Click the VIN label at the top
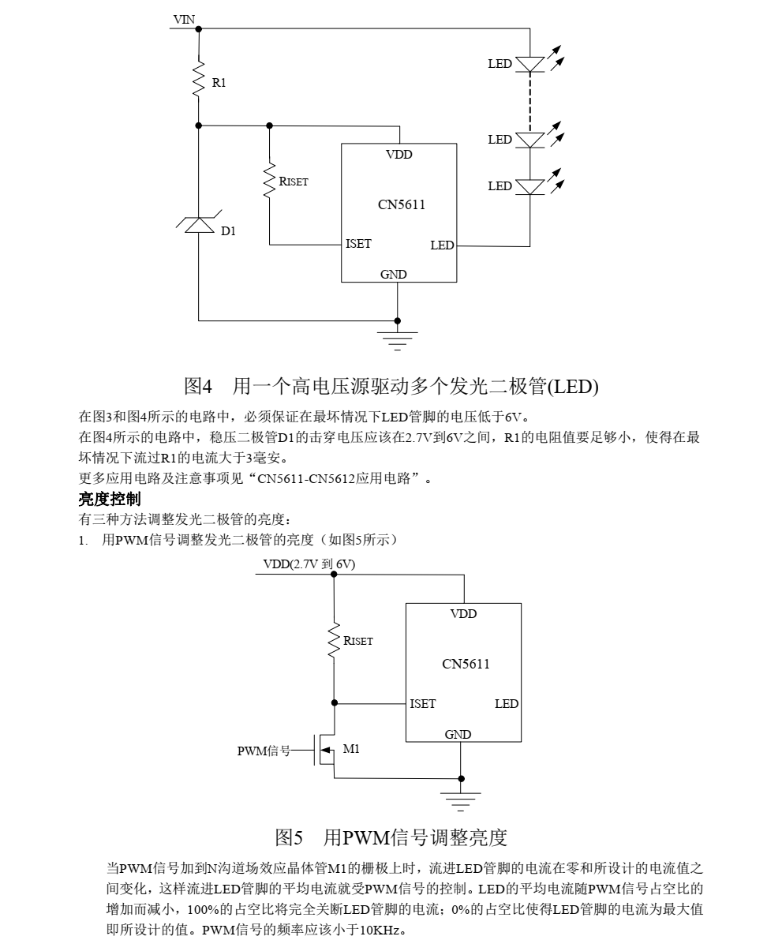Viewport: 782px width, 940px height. click(184, 21)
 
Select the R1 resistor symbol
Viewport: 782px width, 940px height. click(199, 79)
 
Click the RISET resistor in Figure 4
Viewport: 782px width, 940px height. click(270, 182)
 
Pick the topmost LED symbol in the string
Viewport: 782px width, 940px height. click(530, 64)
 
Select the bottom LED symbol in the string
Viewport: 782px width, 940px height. click(530, 186)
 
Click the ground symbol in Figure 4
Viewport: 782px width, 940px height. click(397, 335)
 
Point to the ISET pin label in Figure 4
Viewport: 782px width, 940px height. click(358, 244)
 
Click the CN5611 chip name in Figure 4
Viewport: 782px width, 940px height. click(401, 205)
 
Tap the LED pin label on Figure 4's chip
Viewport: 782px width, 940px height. click(442, 245)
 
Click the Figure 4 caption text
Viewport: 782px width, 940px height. click(391, 386)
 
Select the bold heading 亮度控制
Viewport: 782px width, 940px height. click(110, 498)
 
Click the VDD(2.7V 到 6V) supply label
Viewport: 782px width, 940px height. click(309, 564)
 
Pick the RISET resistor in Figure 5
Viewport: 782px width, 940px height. click(334, 641)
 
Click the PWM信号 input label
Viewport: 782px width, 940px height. click(264, 751)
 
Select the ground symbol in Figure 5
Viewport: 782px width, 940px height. click(461, 797)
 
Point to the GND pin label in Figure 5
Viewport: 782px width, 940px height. click(458, 734)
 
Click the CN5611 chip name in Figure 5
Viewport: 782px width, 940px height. click(466, 664)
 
